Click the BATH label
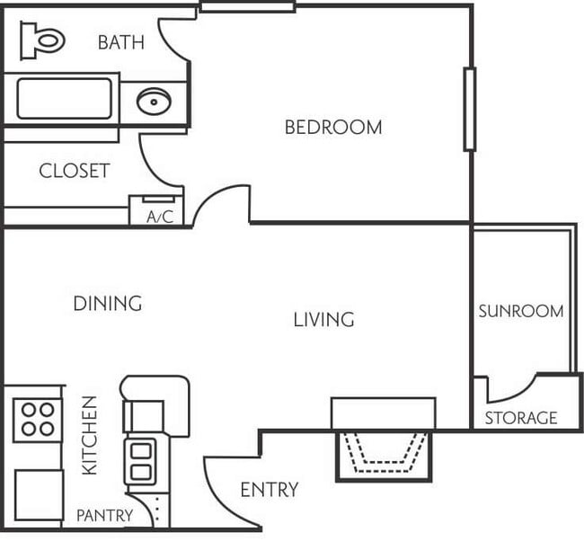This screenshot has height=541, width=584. (120, 42)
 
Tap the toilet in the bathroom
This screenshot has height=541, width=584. (43, 40)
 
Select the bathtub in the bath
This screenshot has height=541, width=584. (64, 99)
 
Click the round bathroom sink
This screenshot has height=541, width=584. (154, 102)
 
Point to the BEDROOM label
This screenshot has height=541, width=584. (332, 128)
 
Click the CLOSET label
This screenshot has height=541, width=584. (74, 171)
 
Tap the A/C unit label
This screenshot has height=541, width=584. (159, 217)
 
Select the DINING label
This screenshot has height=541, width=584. (107, 304)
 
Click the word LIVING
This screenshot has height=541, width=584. (323, 319)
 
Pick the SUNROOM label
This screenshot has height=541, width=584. (520, 312)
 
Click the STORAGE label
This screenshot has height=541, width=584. (521, 418)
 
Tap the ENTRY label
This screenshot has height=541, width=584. (269, 490)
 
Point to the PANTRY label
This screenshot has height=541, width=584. (104, 516)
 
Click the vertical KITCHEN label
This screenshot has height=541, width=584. (90, 436)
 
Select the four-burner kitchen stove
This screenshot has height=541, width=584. (37, 419)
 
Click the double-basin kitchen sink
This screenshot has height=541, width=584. (141, 460)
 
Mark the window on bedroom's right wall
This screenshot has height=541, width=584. (468, 109)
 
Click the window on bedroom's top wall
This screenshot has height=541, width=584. (247, 7)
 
